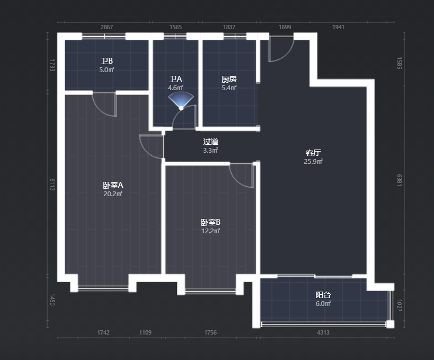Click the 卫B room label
tap(107, 61)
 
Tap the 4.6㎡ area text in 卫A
tap(175, 88)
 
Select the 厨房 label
tap(229, 80)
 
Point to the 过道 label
tap(210, 142)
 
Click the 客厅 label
tap(313, 153)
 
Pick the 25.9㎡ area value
tap(313, 162)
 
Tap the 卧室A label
tap(113, 185)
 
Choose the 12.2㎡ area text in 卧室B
tap(210, 231)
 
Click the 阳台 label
tap(323, 295)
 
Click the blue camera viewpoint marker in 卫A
tap(181, 101)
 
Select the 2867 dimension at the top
tap(107, 27)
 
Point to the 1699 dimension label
tap(285, 27)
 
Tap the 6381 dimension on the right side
tap(399, 180)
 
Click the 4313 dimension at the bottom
tap(323, 332)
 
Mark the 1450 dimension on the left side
tap(52, 300)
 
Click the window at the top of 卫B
tap(104, 36)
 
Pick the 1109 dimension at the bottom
tap(145, 332)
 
